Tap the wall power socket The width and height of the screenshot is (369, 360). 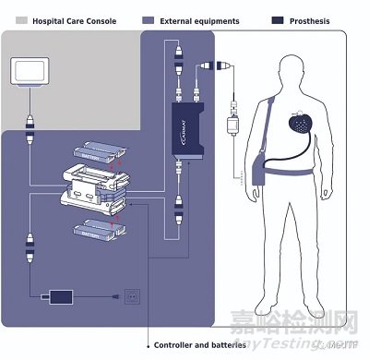131,298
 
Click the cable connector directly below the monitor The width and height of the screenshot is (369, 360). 31,120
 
